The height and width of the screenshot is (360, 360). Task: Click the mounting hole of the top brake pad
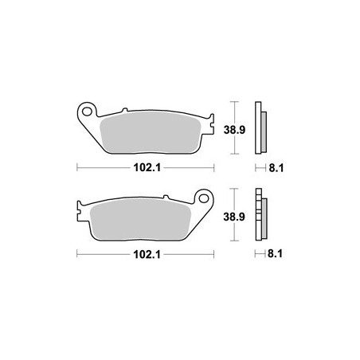[x=87, y=112]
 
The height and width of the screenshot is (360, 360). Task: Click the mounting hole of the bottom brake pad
[x=204, y=198]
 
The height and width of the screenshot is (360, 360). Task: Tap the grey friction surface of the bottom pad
[x=142, y=219]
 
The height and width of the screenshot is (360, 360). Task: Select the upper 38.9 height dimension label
[x=234, y=130]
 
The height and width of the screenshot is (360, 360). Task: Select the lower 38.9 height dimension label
[x=234, y=217]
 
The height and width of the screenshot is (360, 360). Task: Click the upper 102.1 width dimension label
[x=147, y=167]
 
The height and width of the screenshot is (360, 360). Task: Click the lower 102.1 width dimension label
[x=147, y=255]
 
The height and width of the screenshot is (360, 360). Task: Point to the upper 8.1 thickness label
[x=276, y=168]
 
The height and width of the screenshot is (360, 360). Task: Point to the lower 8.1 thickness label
[x=275, y=254]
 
